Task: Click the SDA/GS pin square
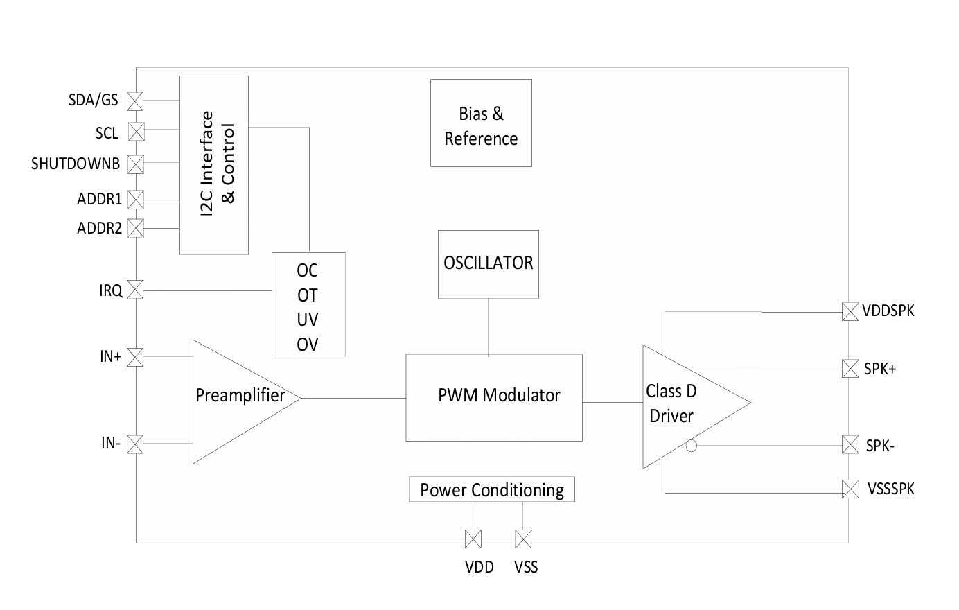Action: point(136,101)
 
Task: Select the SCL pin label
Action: point(107,133)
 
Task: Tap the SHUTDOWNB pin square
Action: point(136,164)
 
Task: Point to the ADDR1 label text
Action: point(99,200)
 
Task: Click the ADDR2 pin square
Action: point(136,228)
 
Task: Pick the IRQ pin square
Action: point(136,290)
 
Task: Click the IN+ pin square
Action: point(136,357)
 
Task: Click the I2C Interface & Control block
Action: point(214,165)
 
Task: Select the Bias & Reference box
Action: point(481,123)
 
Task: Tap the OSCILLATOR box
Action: point(489,264)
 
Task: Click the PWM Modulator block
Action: point(493,397)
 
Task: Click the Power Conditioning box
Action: point(492,489)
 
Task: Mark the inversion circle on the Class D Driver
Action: point(691,446)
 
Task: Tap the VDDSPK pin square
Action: point(850,311)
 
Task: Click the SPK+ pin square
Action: point(850,369)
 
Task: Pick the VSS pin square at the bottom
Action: point(523,539)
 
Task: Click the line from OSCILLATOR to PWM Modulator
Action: point(489,326)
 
